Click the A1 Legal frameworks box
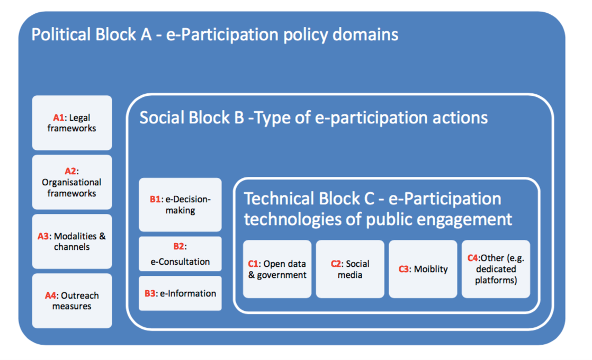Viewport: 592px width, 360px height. point(72,123)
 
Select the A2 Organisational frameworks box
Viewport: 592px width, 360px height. point(72,182)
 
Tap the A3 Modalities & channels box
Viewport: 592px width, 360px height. point(72,241)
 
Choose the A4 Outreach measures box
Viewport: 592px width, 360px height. point(72,301)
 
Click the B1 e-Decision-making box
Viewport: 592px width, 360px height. point(180,205)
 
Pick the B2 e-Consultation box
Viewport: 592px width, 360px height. point(180,254)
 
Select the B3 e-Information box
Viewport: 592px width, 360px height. point(180,293)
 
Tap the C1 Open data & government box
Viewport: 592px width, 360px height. point(277,269)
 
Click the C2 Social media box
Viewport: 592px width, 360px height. point(350,269)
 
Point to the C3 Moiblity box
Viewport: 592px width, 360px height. point(423,269)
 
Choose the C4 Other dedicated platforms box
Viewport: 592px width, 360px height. point(496,269)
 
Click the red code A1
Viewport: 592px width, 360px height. point(59,118)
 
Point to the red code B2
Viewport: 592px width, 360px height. point(179,247)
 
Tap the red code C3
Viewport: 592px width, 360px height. point(404,269)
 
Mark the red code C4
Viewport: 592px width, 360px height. point(473,258)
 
